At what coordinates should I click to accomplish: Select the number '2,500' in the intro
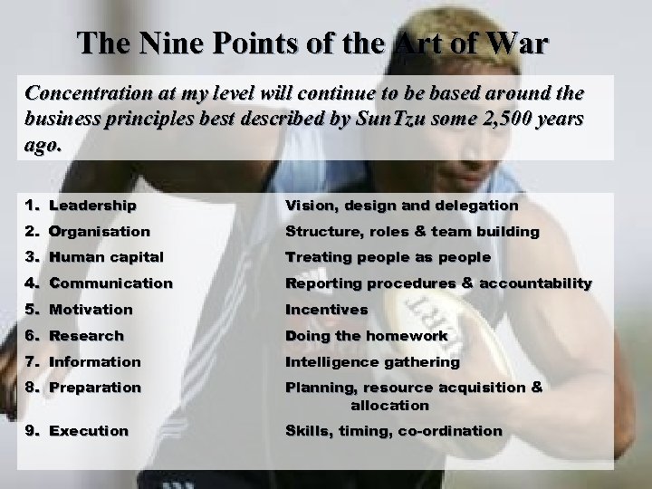492,121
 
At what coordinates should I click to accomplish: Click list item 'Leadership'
92,206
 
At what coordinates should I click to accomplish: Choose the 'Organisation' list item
100,231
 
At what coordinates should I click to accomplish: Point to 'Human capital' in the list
106,257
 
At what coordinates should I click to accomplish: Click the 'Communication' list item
110,283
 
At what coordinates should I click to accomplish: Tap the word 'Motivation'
91,310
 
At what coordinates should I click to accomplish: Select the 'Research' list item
86,336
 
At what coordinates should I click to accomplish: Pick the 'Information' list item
95,362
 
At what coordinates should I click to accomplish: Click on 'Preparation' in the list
95,388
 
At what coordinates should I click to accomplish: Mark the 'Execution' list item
89,431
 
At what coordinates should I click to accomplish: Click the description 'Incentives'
327,310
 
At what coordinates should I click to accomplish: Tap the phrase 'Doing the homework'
367,336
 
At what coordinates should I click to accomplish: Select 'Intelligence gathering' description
373,362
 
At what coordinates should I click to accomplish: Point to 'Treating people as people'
388,257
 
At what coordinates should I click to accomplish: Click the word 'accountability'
535,283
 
